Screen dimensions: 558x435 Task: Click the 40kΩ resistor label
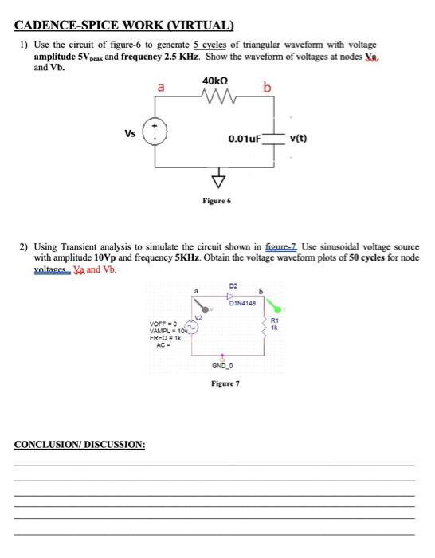tap(215, 81)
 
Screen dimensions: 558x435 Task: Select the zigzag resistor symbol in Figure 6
tap(215, 99)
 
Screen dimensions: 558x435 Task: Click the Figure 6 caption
tap(216, 202)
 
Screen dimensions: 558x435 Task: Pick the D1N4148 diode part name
tap(241, 302)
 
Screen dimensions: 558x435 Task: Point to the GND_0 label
tap(221, 365)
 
